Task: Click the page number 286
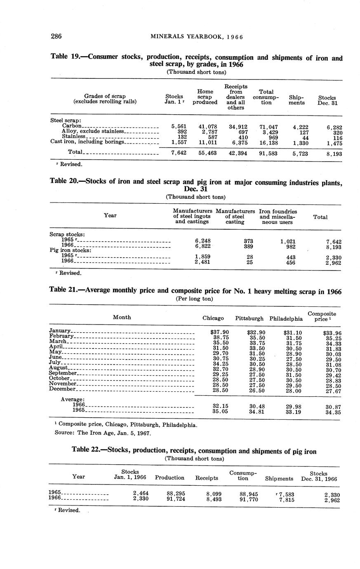point(56,36)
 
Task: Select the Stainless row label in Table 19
point(74,136)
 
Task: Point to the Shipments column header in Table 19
point(296,100)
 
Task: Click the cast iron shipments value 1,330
point(300,143)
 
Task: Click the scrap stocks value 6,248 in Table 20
point(202,241)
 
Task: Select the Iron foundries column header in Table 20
point(278,216)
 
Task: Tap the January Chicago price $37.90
point(216,332)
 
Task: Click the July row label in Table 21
point(55,362)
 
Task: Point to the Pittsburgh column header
point(249,318)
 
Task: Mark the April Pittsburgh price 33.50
point(255,348)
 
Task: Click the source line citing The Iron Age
point(103,433)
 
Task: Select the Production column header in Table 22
point(169,477)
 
